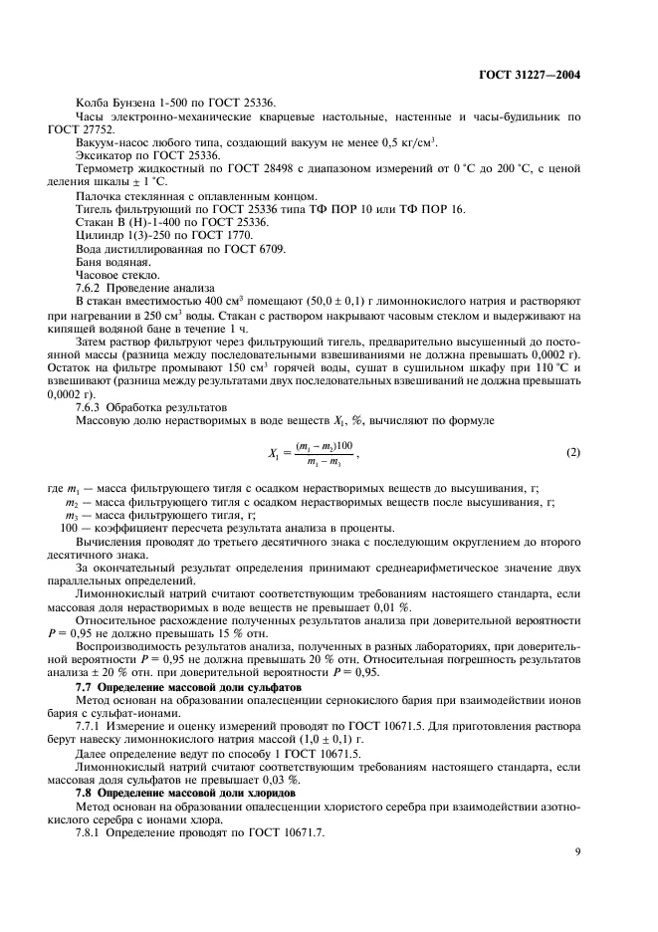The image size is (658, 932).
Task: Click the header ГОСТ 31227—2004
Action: click(530, 75)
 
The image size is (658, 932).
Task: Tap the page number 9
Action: click(577, 851)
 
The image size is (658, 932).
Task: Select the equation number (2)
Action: click(572, 453)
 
